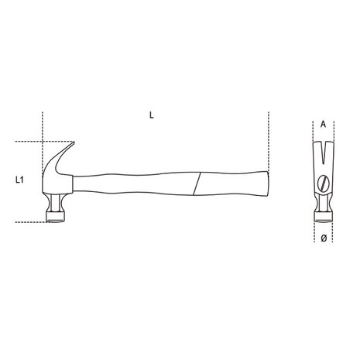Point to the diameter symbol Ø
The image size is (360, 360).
pos(322,238)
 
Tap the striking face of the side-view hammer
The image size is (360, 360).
pos(58,220)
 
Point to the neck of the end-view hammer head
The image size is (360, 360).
pos(322,199)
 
